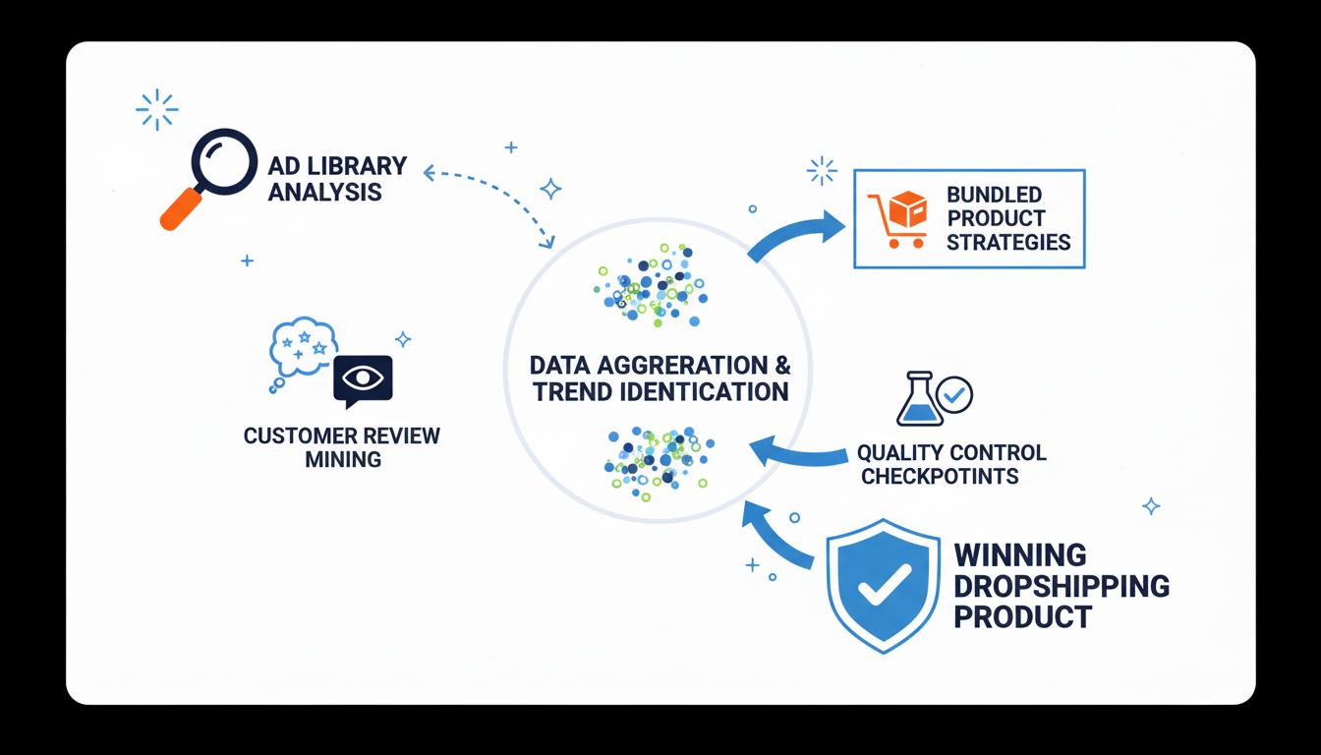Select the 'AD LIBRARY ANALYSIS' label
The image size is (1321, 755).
click(x=336, y=179)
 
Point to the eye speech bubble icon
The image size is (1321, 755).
click(x=363, y=379)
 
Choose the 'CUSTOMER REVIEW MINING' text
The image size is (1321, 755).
click(x=342, y=446)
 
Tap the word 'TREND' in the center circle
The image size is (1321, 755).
click(x=573, y=391)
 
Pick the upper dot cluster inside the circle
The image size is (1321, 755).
click(x=650, y=285)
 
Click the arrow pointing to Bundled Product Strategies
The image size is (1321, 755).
click(x=798, y=235)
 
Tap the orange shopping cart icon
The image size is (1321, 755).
click(x=898, y=217)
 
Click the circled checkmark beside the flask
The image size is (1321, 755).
click(x=953, y=395)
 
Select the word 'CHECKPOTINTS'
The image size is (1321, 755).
click(x=939, y=477)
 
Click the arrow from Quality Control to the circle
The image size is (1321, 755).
click(x=796, y=455)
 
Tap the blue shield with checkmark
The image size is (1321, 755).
click(x=882, y=587)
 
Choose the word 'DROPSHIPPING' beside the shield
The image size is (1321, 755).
click(x=1062, y=587)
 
